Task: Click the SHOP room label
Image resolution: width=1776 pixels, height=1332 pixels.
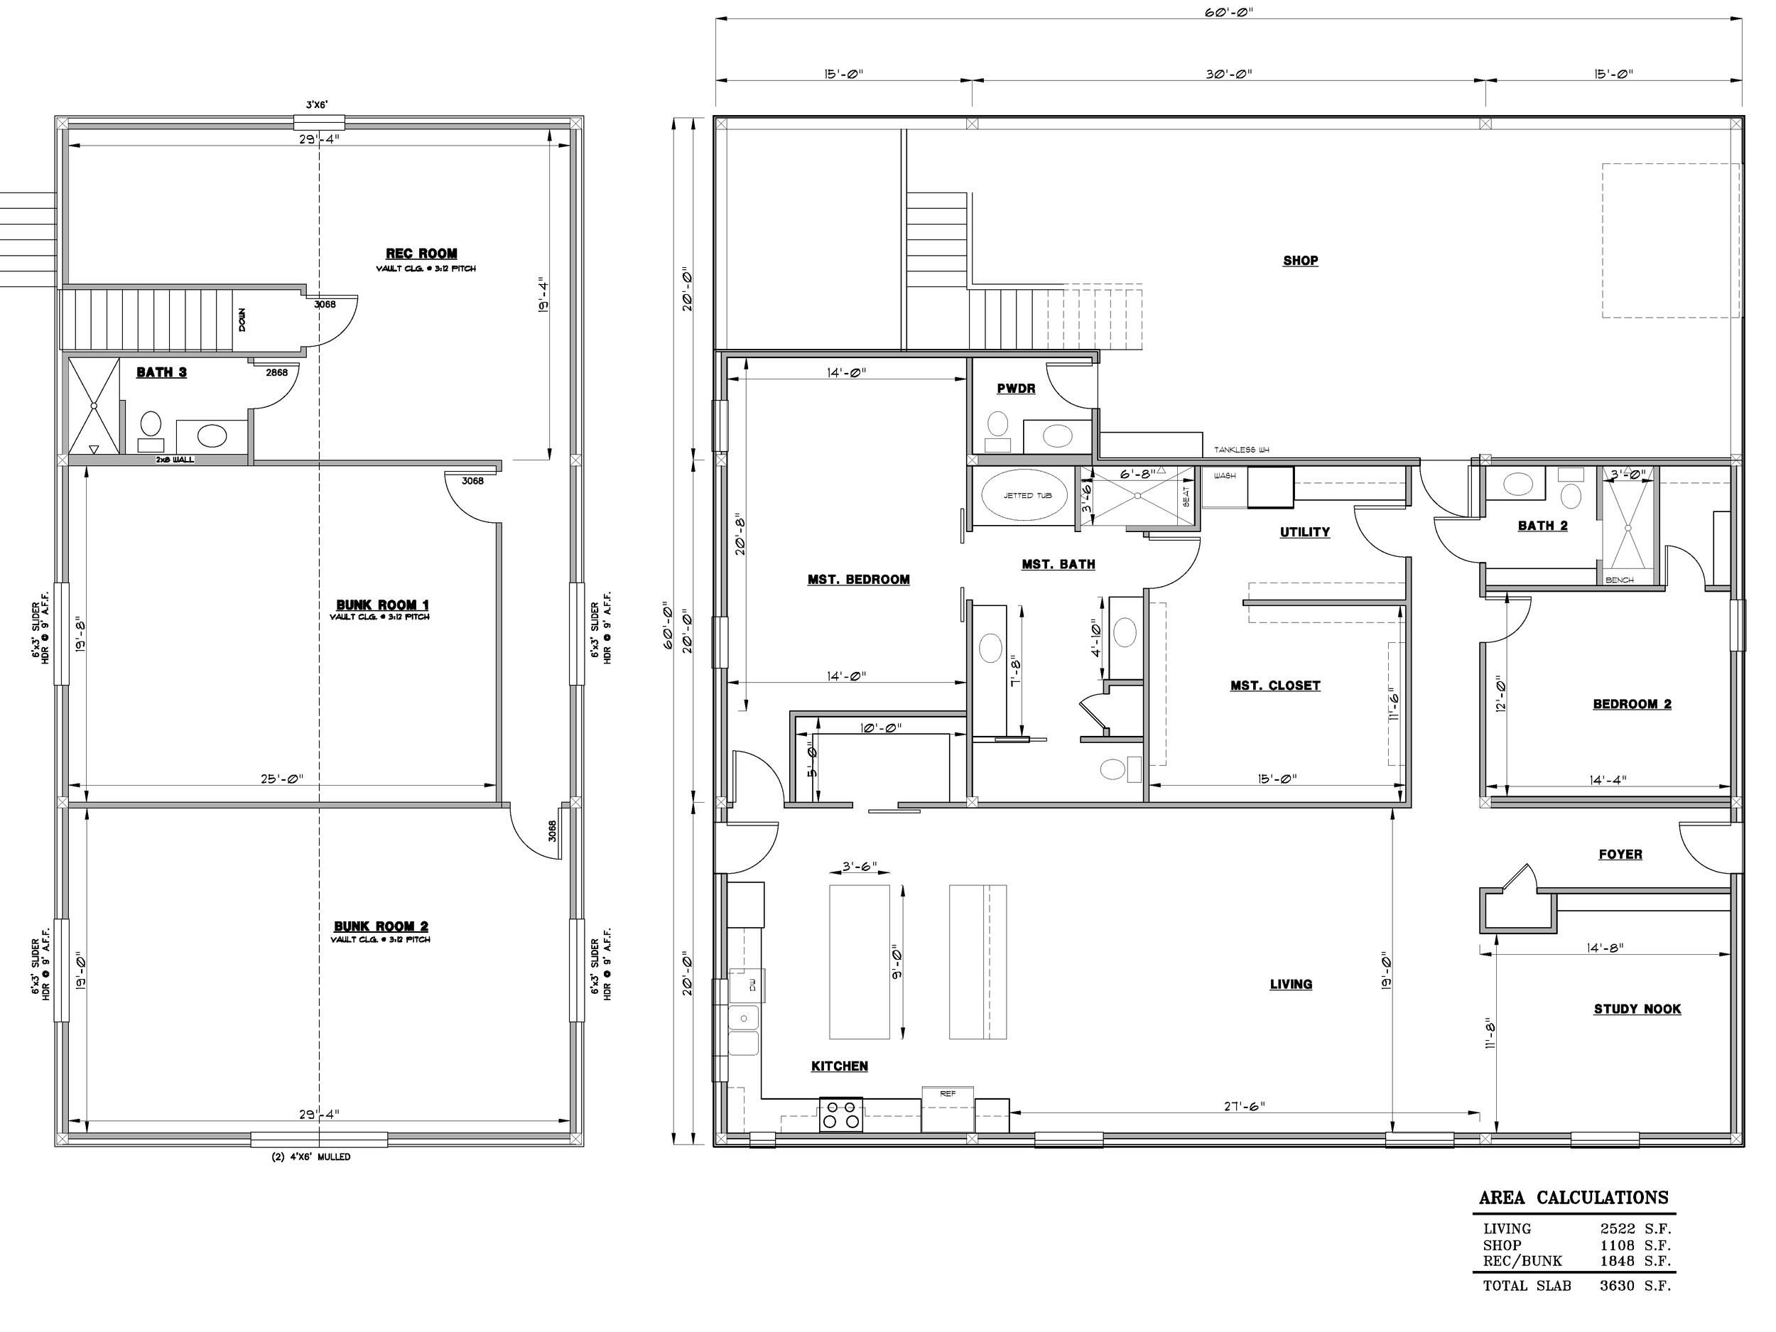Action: click(x=1300, y=261)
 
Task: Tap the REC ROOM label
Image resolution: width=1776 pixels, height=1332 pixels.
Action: click(x=421, y=254)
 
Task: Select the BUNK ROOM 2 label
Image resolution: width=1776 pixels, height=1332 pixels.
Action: click(x=381, y=926)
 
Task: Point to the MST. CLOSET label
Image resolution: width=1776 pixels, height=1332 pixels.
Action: click(x=1275, y=686)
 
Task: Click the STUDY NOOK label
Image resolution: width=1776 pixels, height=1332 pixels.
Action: click(x=1637, y=1009)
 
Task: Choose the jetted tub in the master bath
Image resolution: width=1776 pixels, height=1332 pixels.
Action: click(x=1028, y=494)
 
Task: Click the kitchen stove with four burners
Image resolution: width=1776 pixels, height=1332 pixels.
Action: click(x=840, y=1115)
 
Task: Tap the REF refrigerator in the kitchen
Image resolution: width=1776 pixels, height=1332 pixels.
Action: click(x=948, y=1109)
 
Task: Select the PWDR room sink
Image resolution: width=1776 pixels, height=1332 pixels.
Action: click(x=1057, y=436)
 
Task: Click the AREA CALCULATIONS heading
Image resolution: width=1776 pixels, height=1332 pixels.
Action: click(x=1574, y=1198)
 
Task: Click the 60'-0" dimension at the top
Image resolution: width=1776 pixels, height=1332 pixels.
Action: click(x=1229, y=12)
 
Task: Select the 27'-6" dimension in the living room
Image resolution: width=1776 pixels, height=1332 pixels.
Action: click(x=1245, y=1105)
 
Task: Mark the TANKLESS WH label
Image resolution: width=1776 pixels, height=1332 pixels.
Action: click(x=1241, y=450)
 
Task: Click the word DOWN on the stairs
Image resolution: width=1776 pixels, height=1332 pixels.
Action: click(x=242, y=320)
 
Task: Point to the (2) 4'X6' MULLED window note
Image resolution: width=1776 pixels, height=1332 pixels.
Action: click(x=312, y=1157)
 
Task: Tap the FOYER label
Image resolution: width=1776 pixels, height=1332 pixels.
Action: click(x=1620, y=855)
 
